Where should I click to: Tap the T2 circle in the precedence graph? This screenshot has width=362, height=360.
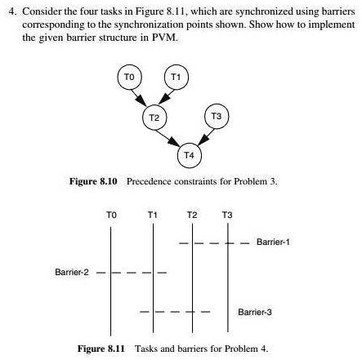(153, 117)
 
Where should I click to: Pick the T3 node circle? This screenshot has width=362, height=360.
(216, 117)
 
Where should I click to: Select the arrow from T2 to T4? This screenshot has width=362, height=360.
(170, 136)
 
